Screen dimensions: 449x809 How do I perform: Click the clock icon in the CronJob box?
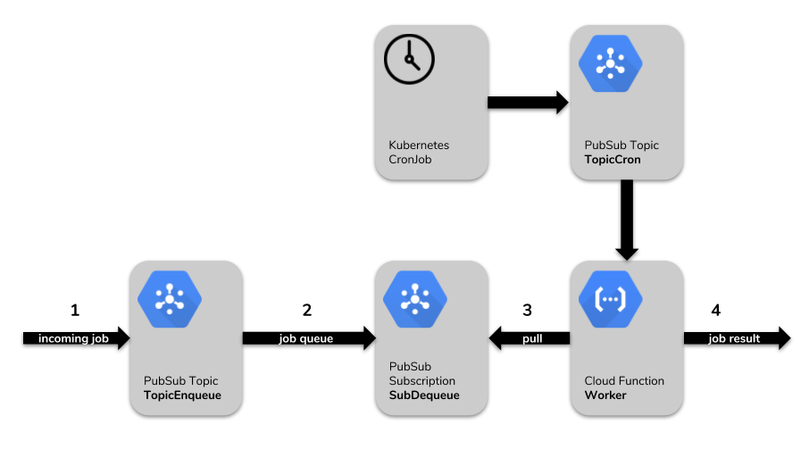tap(409, 61)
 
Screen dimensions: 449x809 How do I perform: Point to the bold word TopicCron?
tap(613, 160)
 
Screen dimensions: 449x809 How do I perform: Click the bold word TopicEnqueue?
tap(182, 395)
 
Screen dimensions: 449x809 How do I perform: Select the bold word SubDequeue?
tap(424, 395)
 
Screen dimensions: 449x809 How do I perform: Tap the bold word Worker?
tap(605, 395)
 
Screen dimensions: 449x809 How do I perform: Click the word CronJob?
tap(410, 160)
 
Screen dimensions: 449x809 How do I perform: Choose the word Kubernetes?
tap(419, 145)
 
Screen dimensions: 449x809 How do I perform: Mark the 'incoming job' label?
tap(73, 339)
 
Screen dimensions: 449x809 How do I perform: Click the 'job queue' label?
tap(305, 339)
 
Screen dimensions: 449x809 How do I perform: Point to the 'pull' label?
tap(532, 339)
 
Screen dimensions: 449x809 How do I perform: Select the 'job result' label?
tap(734, 339)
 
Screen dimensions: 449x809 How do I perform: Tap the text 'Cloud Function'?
tap(624, 380)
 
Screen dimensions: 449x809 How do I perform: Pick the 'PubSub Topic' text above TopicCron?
tap(621, 145)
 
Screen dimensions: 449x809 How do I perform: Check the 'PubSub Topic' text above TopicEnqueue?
tap(180, 380)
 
